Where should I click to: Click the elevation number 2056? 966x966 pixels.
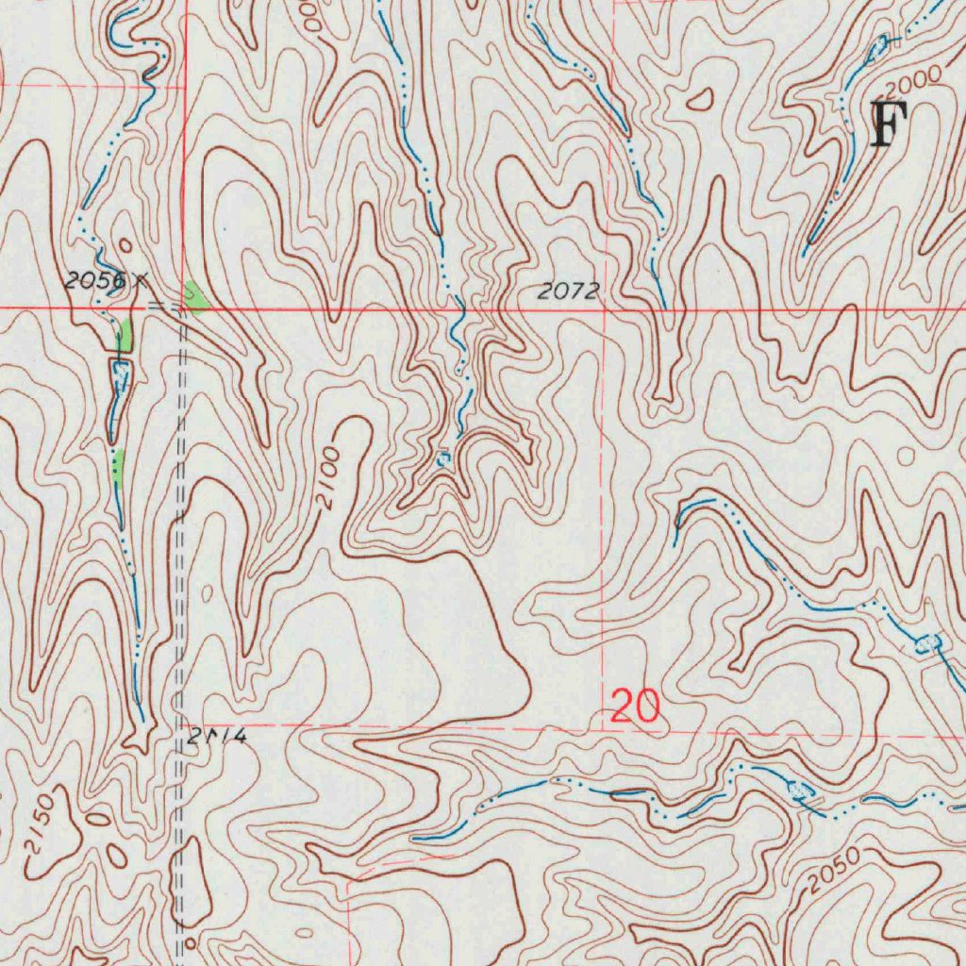94,280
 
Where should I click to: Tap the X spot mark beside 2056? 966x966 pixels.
141,278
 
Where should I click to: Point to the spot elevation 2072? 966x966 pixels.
569,292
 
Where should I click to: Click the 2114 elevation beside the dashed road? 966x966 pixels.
216,737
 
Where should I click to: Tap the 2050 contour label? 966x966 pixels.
834,871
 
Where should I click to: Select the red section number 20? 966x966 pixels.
635,706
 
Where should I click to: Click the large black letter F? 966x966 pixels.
887,125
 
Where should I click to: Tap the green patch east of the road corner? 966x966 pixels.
196,297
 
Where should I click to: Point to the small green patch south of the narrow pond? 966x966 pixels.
118,464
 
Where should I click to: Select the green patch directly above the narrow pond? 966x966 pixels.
125,335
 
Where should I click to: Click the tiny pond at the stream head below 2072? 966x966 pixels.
444,458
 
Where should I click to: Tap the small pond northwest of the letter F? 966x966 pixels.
878,44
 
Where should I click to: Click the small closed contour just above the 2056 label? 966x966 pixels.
125,247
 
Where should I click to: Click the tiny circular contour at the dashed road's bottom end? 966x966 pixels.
190,941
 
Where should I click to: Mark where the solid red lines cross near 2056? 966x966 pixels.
184,308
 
